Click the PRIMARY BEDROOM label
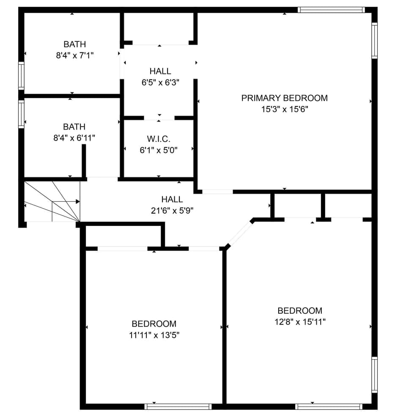(284, 98)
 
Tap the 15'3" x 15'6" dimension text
(284, 109)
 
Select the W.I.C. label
(159, 138)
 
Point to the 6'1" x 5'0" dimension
(159, 149)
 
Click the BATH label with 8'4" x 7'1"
(74, 44)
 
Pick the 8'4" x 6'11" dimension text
(74, 138)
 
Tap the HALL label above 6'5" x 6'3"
(160, 71)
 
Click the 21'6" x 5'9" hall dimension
(172, 210)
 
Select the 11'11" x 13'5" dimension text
(154, 335)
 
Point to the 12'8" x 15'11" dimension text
(300, 322)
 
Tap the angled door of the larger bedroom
(240, 233)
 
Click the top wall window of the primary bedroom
(331, 10)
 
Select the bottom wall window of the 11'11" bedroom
(178, 406)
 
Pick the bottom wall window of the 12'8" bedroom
(329, 406)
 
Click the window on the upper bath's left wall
(21, 76)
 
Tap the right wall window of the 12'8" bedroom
(374, 375)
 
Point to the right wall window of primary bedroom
(374, 40)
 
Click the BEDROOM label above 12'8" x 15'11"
(300, 311)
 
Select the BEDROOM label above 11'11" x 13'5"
(154, 324)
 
